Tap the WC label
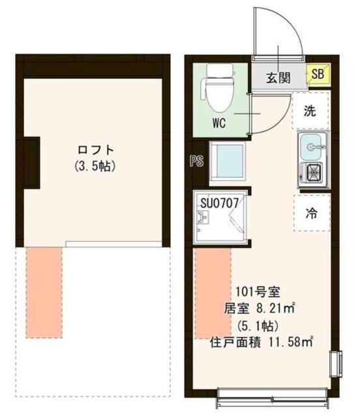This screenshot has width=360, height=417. click(218, 124)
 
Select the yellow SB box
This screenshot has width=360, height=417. click(318, 76)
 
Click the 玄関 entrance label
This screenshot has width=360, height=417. click(277, 78)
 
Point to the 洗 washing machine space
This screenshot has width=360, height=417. click(311, 111)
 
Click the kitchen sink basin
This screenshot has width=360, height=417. click(312, 147)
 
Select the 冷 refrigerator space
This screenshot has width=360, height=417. click(312, 212)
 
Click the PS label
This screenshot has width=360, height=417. click(196, 162)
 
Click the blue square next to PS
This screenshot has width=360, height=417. click(227, 160)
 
